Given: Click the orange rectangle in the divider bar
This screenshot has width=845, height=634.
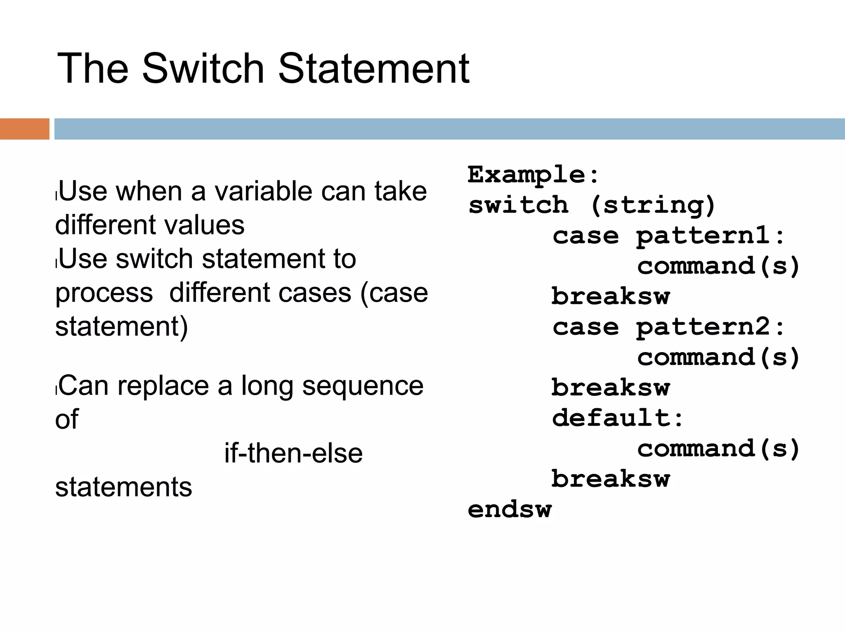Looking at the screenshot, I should (24, 129).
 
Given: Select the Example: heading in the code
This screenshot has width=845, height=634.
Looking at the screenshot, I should (533, 175).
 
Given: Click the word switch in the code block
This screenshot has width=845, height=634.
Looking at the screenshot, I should (518, 205).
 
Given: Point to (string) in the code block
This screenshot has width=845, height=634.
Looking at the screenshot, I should (653, 205).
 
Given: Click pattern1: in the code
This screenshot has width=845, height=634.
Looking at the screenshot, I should (710, 236).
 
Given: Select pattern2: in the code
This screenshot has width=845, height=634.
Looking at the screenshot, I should (710, 327).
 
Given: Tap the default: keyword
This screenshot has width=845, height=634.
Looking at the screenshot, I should (618, 418).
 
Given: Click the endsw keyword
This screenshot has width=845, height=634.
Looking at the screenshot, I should (510, 509).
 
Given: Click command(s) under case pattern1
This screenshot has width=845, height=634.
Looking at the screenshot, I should (718, 266).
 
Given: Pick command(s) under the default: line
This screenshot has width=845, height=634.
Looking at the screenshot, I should (718, 449).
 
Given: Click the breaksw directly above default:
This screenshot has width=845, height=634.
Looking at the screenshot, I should (611, 388).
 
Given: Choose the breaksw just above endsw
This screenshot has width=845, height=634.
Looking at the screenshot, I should (611, 479).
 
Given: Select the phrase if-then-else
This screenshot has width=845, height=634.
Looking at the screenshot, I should (293, 453).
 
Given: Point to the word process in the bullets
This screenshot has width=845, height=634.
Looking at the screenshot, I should (104, 293).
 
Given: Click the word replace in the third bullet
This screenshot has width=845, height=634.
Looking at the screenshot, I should (163, 386).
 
